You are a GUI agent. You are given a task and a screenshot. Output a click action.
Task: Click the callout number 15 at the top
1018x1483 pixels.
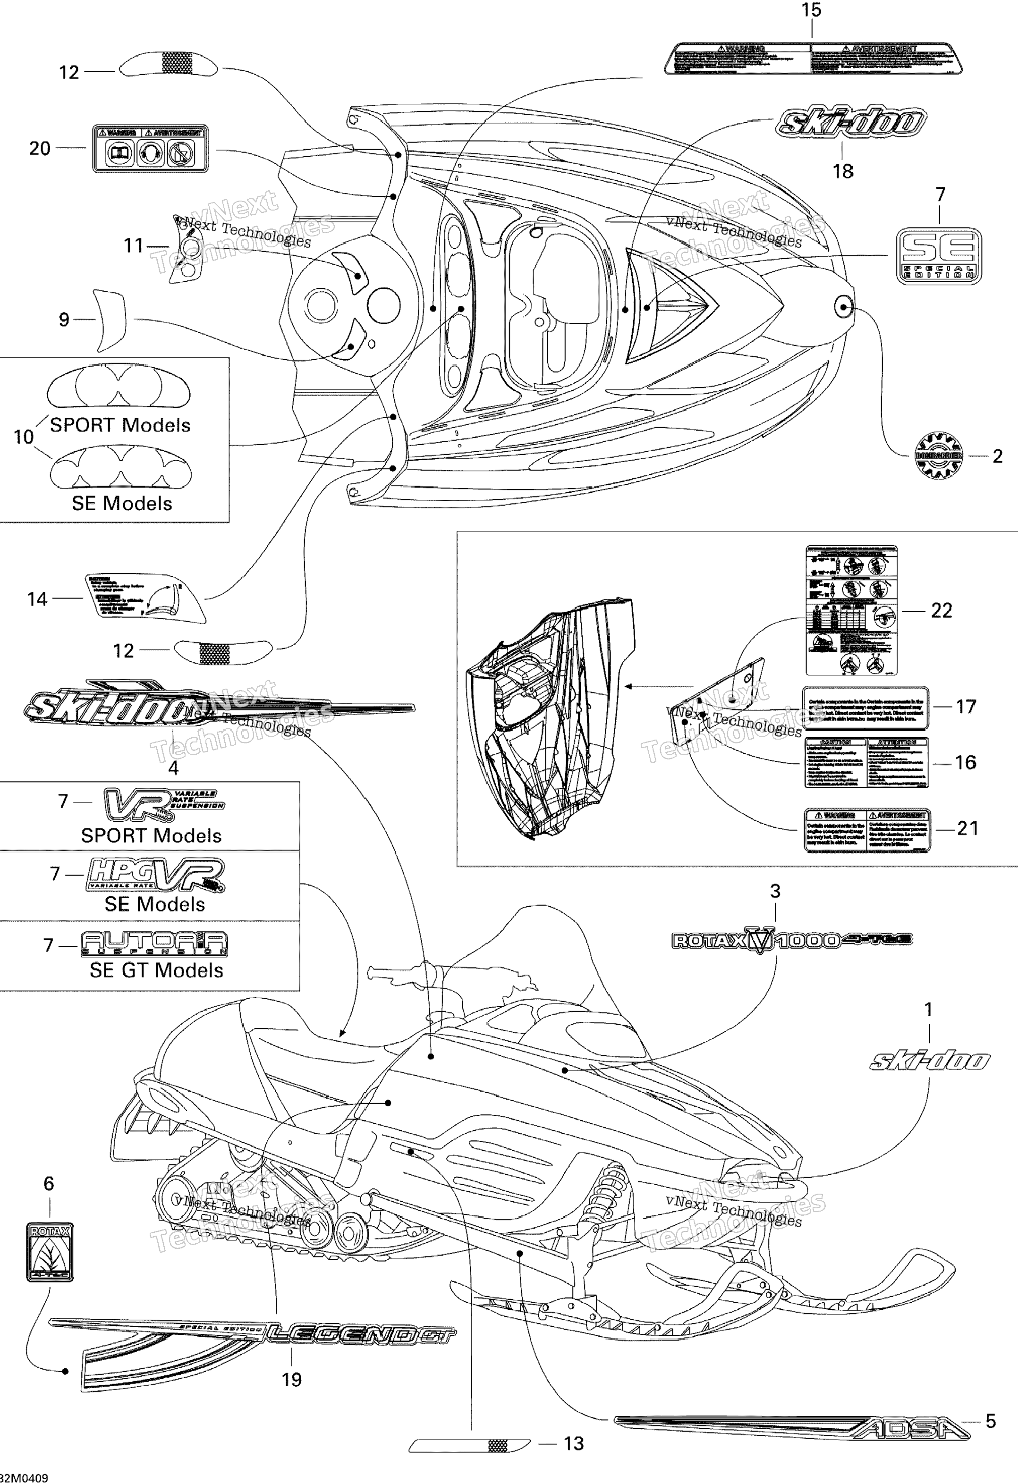coord(811,11)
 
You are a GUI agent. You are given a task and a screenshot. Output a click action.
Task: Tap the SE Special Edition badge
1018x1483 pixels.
coord(938,256)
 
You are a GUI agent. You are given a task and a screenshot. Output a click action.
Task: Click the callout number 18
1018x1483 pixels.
coord(842,171)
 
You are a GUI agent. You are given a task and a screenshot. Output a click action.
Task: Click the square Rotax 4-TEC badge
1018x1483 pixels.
coord(50,1251)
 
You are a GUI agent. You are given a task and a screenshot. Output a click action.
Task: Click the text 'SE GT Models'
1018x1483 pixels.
coord(156,970)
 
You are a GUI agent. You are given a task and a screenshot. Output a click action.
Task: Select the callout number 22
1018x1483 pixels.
coord(942,611)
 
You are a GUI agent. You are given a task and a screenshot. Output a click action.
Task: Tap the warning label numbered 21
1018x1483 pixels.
coord(867,830)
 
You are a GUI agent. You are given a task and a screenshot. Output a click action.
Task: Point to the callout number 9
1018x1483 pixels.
coord(64,320)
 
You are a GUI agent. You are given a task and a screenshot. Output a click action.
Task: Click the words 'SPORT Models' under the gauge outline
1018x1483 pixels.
coord(120,425)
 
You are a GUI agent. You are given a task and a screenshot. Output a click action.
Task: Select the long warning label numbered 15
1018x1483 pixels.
coord(812,58)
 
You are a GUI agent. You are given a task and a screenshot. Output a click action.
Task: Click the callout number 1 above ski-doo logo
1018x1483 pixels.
coord(929,1010)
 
